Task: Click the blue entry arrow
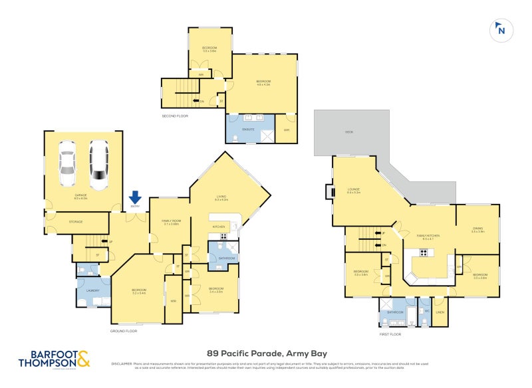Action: click(135, 197)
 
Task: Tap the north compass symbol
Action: click(500, 30)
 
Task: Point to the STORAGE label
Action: click(75, 221)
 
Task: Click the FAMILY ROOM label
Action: click(172, 221)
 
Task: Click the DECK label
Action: click(348, 132)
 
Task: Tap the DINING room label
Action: click(477, 229)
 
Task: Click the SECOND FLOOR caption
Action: click(175, 116)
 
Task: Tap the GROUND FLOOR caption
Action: click(124, 330)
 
